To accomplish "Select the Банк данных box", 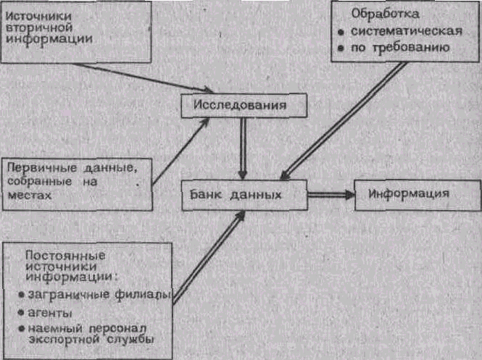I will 244,196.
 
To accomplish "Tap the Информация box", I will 409,194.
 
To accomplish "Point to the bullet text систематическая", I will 406,31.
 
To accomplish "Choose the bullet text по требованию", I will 401,48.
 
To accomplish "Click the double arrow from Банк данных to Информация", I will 330,195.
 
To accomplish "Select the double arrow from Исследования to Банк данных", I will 243,148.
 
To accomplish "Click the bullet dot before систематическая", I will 340,33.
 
